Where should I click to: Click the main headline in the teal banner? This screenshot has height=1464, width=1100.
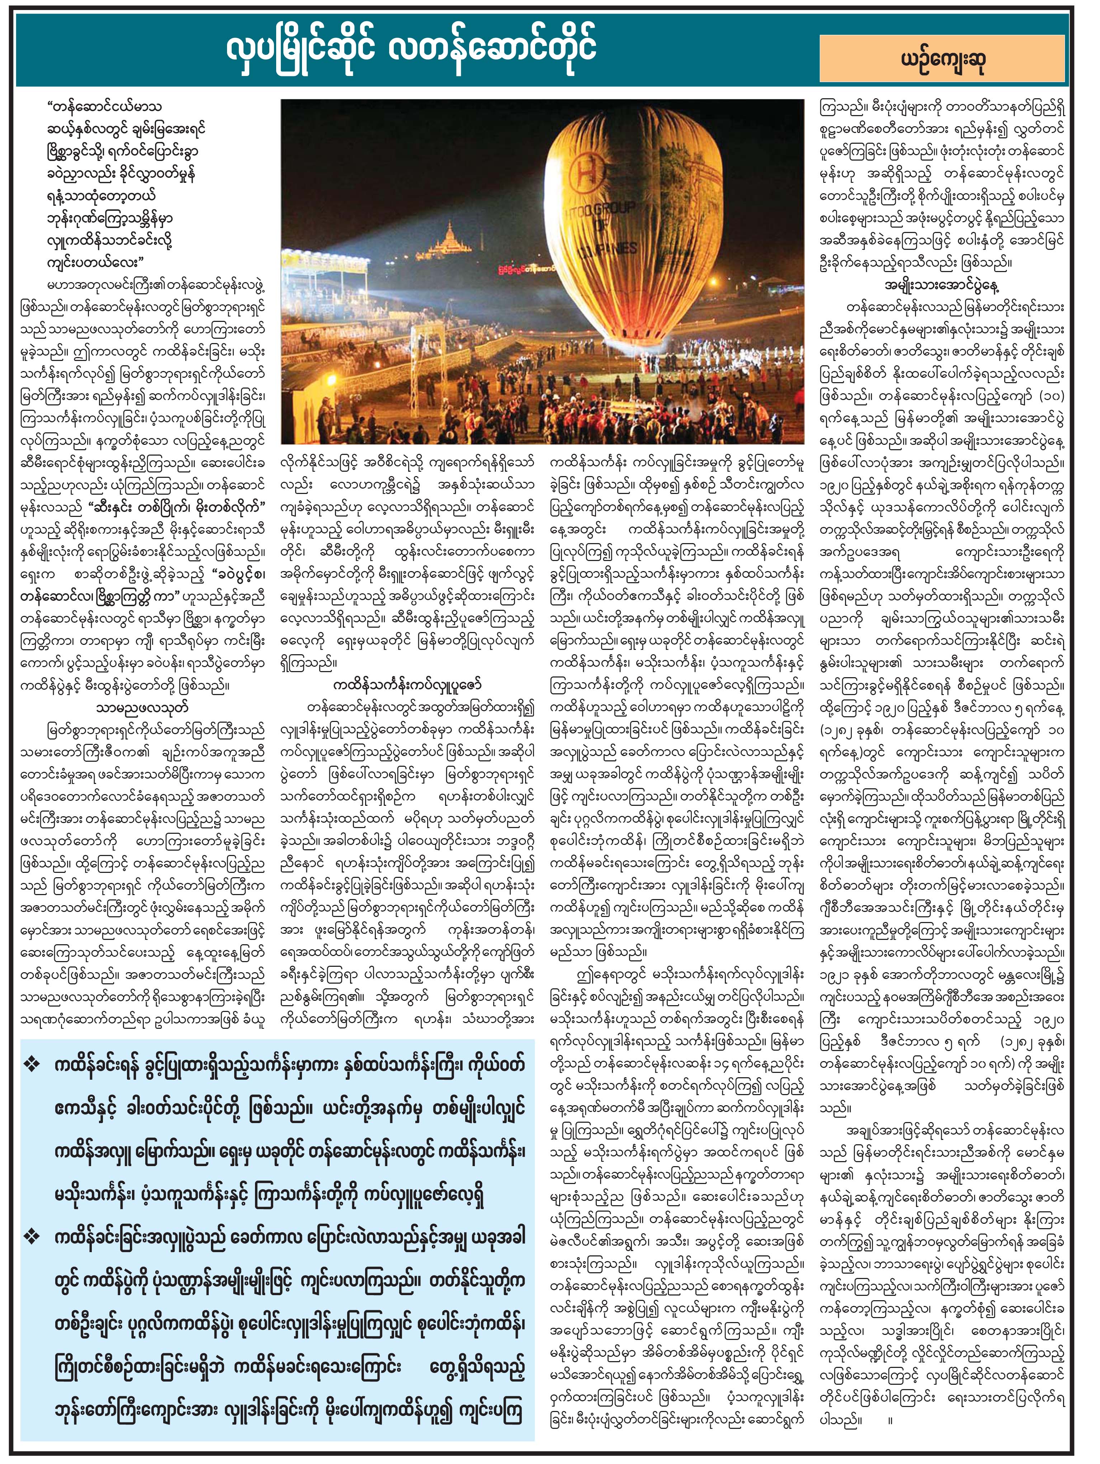coord(411,48)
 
